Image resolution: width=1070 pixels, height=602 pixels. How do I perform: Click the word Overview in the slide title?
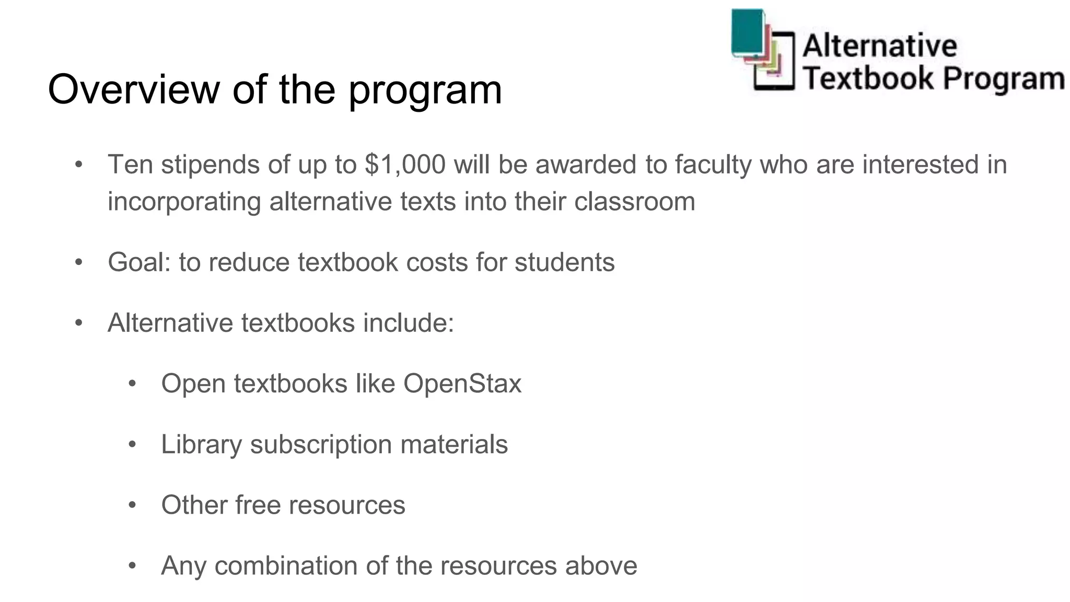click(x=134, y=90)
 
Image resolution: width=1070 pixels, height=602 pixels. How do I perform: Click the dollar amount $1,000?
click(x=405, y=165)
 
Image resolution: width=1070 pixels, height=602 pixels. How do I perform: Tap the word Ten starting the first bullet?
click(x=130, y=165)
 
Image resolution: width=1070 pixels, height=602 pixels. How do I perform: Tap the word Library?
click(x=201, y=445)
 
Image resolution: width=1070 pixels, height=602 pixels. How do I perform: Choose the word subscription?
click(x=321, y=445)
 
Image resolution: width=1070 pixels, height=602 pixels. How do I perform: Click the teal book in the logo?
click(x=748, y=31)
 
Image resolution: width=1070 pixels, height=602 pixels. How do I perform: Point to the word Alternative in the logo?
click(x=880, y=45)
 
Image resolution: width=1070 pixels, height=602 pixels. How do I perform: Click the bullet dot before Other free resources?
click(x=132, y=505)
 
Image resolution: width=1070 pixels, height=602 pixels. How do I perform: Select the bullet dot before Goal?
click(x=79, y=262)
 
